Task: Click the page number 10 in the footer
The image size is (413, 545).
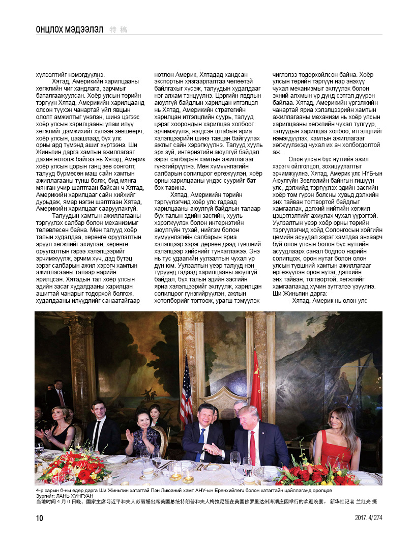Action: tap(39, 518)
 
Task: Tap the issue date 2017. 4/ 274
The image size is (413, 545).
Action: tap(368, 518)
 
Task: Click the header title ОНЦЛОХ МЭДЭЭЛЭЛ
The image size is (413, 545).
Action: tap(67, 30)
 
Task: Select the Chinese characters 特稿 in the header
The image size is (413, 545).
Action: tap(119, 30)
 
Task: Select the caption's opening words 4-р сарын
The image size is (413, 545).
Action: tap(47, 490)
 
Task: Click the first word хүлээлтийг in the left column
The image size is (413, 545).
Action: tap(52, 75)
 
